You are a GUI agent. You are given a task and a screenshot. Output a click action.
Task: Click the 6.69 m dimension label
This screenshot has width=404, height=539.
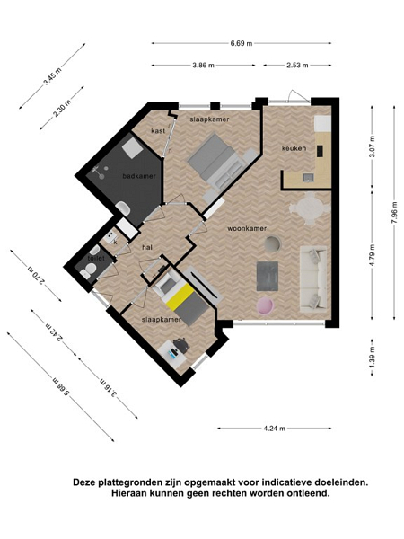click(242, 43)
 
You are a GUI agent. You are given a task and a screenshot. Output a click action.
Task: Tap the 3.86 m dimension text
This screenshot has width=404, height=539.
click(204, 65)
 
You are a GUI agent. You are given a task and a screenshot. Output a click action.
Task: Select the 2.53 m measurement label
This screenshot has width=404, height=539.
click(297, 65)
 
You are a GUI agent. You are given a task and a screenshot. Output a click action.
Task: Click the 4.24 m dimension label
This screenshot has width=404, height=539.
click(274, 429)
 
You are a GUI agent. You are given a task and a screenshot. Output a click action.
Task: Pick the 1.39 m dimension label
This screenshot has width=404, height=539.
click(373, 358)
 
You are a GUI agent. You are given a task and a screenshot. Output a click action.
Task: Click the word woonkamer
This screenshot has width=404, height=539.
click(247, 228)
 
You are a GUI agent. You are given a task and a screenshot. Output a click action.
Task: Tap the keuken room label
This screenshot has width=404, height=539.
click(294, 148)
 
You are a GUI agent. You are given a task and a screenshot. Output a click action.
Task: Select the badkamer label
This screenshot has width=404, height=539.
click(139, 176)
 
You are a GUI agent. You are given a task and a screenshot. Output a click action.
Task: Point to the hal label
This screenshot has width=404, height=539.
click(147, 247)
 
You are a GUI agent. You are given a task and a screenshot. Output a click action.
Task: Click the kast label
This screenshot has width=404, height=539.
click(158, 131)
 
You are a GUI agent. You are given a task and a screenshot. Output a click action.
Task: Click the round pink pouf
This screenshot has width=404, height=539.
click(265, 306)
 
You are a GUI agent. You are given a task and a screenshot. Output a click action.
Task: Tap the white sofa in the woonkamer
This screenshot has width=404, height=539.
click(313, 278)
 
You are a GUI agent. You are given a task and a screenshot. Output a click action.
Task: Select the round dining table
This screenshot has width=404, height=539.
click(309, 208)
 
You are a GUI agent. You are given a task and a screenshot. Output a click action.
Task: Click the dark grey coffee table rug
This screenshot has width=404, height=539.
click(268, 276)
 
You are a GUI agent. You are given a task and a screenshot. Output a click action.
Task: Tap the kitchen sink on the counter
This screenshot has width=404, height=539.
click(308, 177)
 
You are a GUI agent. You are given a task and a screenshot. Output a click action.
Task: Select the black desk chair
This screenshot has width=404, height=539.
click(181, 345)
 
